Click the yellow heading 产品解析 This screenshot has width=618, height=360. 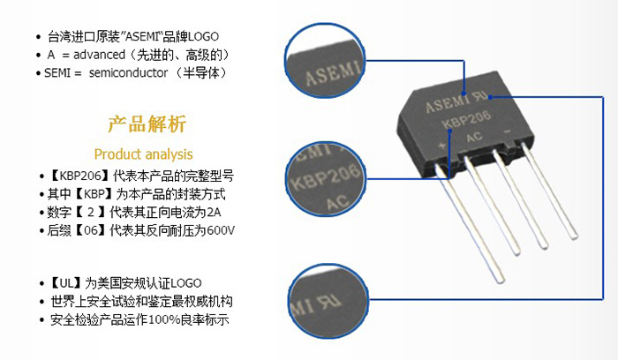[147, 124]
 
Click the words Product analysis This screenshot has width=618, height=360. [143, 154]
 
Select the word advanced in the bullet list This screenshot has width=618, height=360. [99, 55]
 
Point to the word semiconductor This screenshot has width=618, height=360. [128, 73]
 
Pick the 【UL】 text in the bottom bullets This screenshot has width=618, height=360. [66, 283]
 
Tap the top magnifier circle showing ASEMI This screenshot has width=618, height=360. [325, 60]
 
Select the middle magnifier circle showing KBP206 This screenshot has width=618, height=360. [325, 179]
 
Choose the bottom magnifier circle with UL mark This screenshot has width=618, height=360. [328, 301]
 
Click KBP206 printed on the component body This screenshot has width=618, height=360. [466, 118]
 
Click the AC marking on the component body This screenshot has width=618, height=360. [474, 137]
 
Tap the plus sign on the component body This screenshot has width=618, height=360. [442, 145]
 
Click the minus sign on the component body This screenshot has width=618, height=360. [508, 131]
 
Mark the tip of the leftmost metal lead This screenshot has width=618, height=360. [501, 281]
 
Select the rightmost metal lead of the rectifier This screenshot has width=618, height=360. [549, 191]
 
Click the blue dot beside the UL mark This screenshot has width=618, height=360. [491, 97]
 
